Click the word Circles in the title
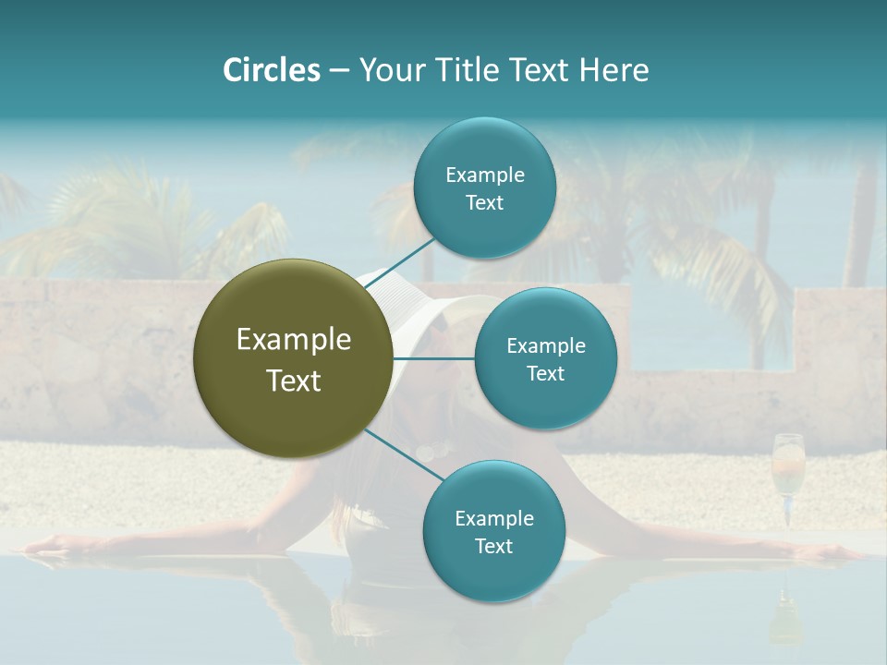pyautogui.click(x=271, y=70)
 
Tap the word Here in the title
pyautogui.click(x=614, y=70)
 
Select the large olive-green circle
pyautogui.click(x=293, y=358)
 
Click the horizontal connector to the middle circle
pyautogui.click(x=433, y=358)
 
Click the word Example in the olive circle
pyautogui.click(x=293, y=340)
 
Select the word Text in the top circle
pyautogui.click(x=484, y=203)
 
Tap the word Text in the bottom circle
pyautogui.click(x=493, y=546)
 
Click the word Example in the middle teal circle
pyautogui.click(x=545, y=346)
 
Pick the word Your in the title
pyautogui.click(x=386, y=70)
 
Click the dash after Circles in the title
pyautogui.click(x=338, y=71)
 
